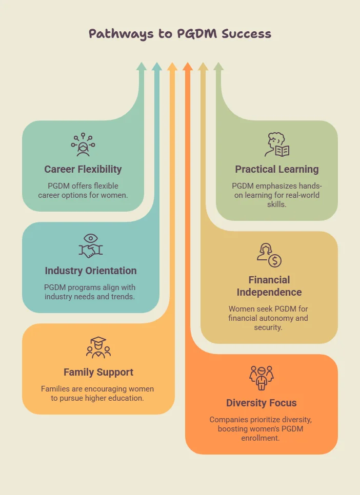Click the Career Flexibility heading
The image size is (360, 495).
[x=83, y=169]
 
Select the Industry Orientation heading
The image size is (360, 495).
[x=91, y=271]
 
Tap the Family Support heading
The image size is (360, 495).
[x=98, y=372]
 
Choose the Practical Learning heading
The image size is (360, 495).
[x=277, y=169]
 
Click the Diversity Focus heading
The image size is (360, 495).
[x=262, y=403]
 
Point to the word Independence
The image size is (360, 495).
[x=269, y=292]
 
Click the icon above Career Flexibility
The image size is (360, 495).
[x=83, y=145]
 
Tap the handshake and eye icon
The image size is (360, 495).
[x=91, y=246]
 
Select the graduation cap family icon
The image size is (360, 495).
[x=98, y=347]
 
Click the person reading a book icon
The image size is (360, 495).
[x=277, y=145]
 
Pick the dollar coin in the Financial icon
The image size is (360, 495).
[x=275, y=261]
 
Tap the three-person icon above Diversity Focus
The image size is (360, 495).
[x=262, y=378]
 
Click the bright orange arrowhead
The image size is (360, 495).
[x=188, y=66]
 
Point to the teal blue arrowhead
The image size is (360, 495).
[x=157, y=66]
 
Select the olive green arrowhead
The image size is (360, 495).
[x=218, y=66]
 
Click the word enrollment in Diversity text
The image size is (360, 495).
[x=261, y=438]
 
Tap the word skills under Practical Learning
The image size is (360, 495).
[x=276, y=204]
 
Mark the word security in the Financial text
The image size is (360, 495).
[x=268, y=327]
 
